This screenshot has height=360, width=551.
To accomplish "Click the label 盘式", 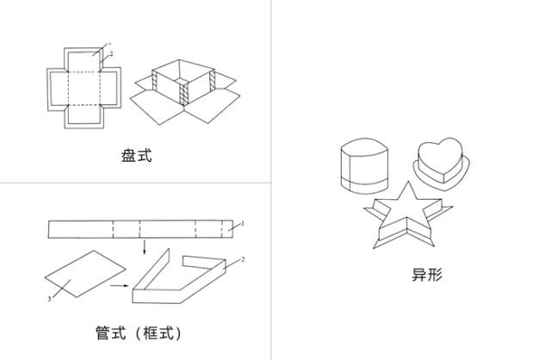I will [138, 157].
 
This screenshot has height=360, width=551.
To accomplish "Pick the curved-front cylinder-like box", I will [364, 164].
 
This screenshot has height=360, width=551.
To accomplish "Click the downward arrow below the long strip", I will [144, 248].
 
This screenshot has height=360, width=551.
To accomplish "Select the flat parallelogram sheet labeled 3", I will [86, 274].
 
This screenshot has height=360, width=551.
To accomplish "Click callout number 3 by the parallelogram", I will [49, 299].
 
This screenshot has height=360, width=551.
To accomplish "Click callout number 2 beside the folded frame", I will [244, 259].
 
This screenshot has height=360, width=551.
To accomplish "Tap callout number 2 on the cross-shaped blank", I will [112, 53].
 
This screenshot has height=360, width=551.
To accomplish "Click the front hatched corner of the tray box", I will [185, 93].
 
